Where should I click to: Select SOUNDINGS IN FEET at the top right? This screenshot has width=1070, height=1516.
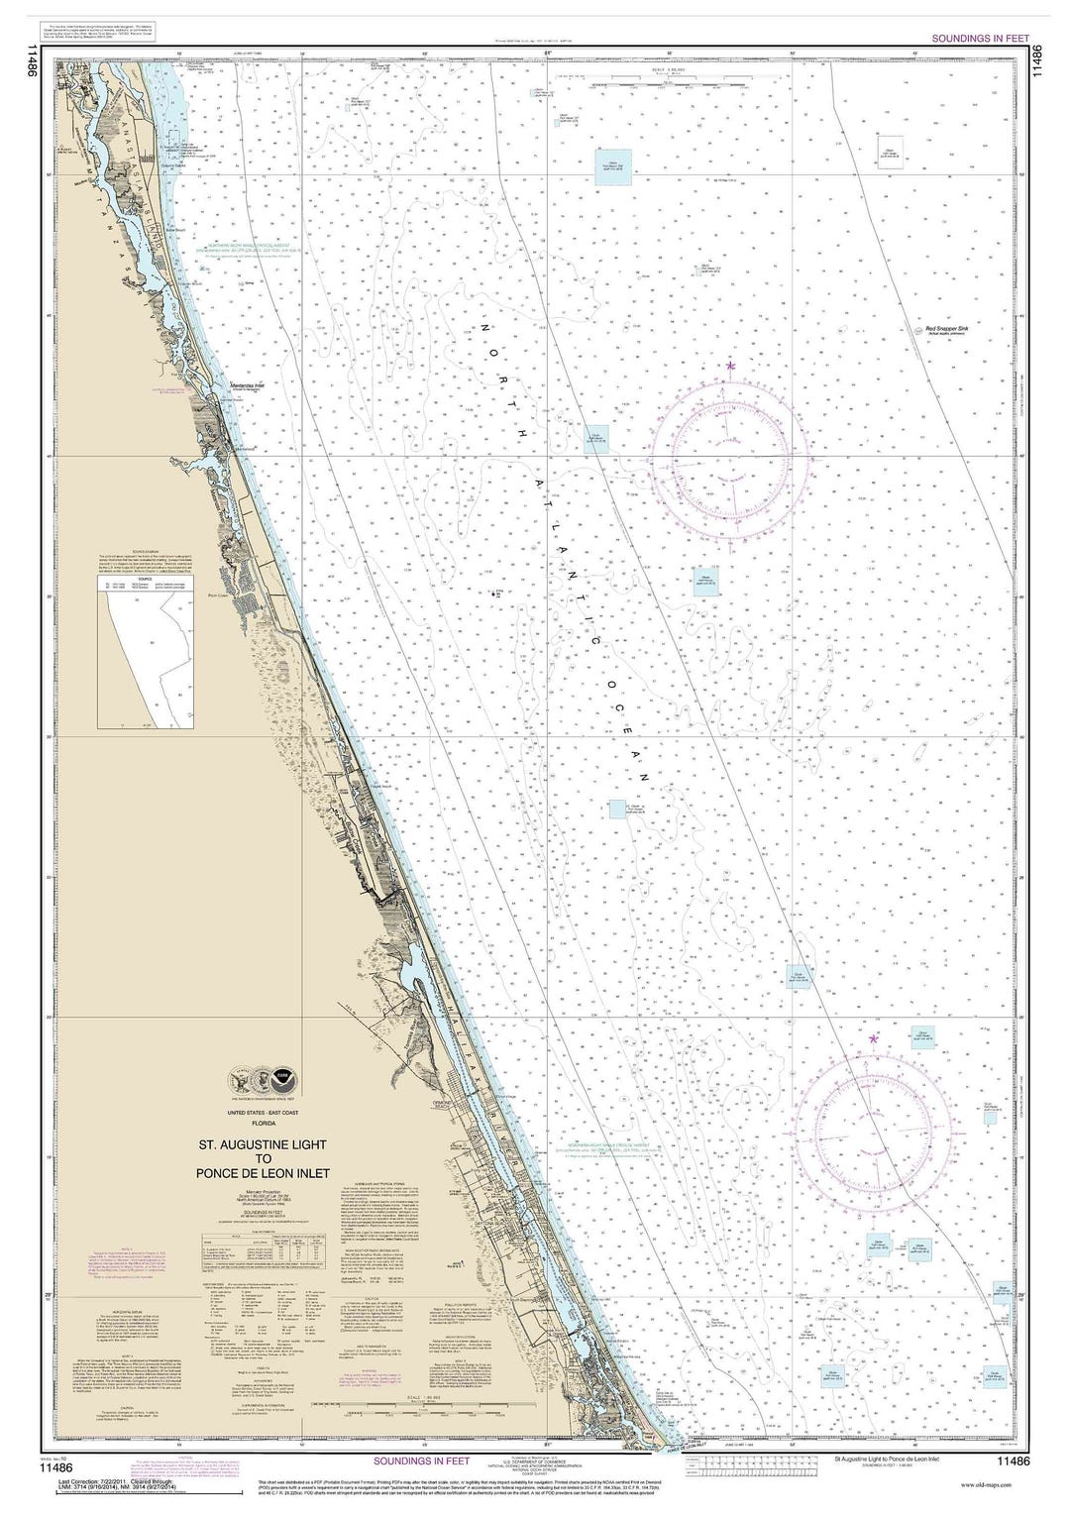click(982, 40)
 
